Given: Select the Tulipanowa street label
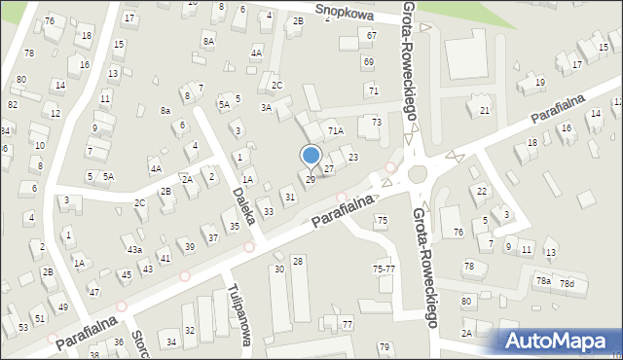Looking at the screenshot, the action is [x=239, y=316].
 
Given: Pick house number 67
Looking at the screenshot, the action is [x=371, y=35].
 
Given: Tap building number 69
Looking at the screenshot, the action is [x=368, y=62].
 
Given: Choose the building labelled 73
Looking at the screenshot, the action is [x=377, y=123].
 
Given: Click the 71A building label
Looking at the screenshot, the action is [x=336, y=130].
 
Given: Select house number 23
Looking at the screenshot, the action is [x=352, y=158].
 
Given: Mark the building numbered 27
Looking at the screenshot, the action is [x=329, y=169].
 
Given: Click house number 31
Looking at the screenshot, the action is [x=289, y=198].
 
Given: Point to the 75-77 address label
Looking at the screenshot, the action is [x=383, y=268].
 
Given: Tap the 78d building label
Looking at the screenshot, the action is [x=567, y=284].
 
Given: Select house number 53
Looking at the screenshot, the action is [x=23, y=328].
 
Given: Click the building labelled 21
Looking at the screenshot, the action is [x=484, y=111].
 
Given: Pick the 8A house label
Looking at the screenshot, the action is [x=208, y=41].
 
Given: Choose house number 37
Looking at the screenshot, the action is [x=212, y=238].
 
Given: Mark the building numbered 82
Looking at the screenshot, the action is [x=13, y=104].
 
